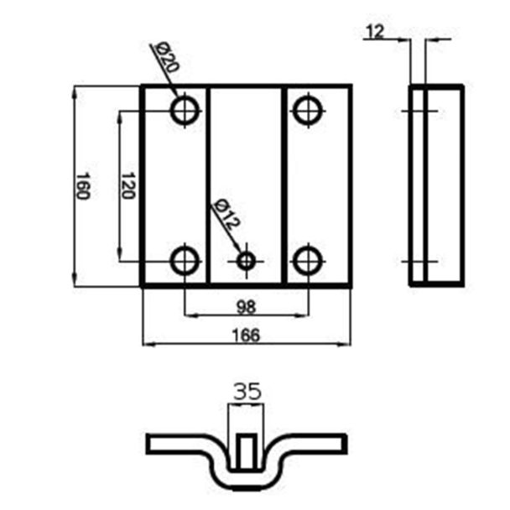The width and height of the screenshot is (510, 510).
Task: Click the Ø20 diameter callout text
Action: click(x=167, y=58)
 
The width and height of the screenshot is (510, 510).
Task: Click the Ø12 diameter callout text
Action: click(x=226, y=214)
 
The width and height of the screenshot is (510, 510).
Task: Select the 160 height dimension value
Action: click(x=82, y=186)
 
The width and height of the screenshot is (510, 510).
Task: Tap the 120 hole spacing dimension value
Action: click(x=127, y=185)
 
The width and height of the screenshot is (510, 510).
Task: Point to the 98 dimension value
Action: click(x=247, y=307)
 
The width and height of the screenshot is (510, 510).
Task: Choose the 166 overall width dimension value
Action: click(x=247, y=336)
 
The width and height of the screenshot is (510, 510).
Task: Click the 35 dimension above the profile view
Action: click(x=247, y=391)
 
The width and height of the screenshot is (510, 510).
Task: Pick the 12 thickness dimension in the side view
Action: click(x=375, y=32)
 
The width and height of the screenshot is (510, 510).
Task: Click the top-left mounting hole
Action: click(x=185, y=112)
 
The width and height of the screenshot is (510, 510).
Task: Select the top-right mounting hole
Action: click(x=308, y=112)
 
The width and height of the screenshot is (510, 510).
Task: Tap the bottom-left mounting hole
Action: click(x=185, y=261)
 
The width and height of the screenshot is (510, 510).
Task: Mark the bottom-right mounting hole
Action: click(x=308, y=261)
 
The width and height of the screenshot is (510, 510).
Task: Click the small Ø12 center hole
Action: click(x=247, y=261)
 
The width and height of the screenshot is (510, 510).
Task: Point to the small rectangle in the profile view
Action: click(x=247, y=452)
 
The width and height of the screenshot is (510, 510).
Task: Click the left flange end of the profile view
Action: click(x=148, y=444)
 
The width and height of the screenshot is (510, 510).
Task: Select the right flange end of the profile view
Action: click(x=345, y=444)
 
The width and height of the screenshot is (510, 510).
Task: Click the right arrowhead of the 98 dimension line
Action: click(x=301, y=315)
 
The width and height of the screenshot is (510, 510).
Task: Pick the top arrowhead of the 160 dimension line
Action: click(x=75, y=93)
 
